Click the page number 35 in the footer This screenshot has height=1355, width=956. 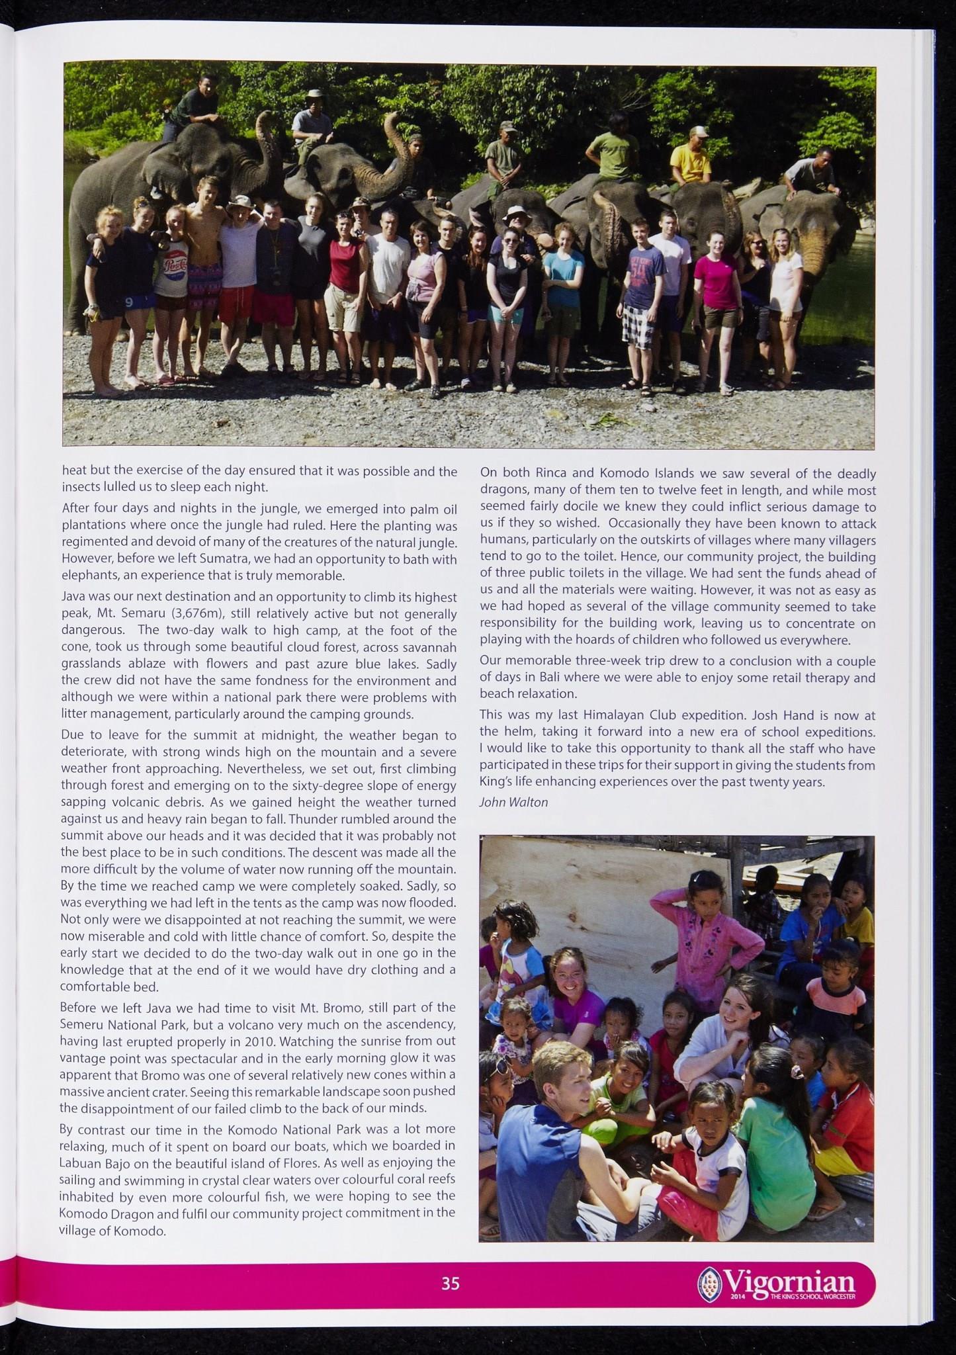click(451, 1284)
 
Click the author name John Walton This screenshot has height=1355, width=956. click(513, 803)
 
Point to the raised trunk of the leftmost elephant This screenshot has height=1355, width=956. click(268, 142)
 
